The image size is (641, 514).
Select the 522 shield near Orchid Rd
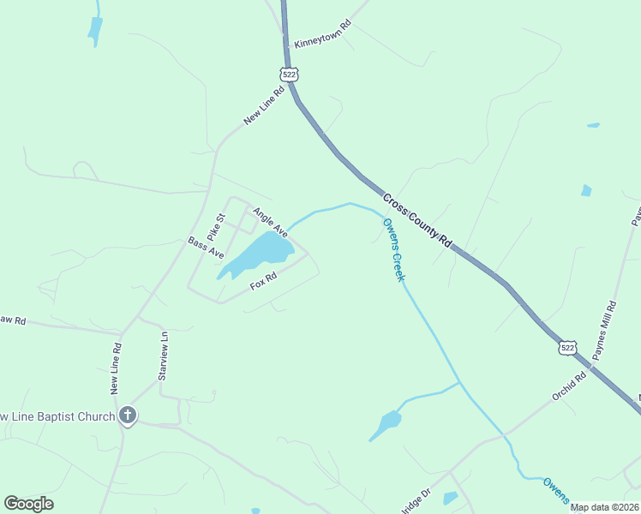pos(566,346)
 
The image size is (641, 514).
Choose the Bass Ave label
pos(206,248)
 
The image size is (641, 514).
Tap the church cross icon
pos(128,416)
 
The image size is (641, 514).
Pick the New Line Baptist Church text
pos(57,417)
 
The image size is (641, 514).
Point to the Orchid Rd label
pos(569,385)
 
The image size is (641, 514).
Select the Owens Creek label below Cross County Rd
pos(392,249)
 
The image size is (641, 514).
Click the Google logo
pos(28,504)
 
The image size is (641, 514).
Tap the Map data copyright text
pos(605,507)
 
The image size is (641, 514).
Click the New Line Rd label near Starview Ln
pos(116,368)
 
